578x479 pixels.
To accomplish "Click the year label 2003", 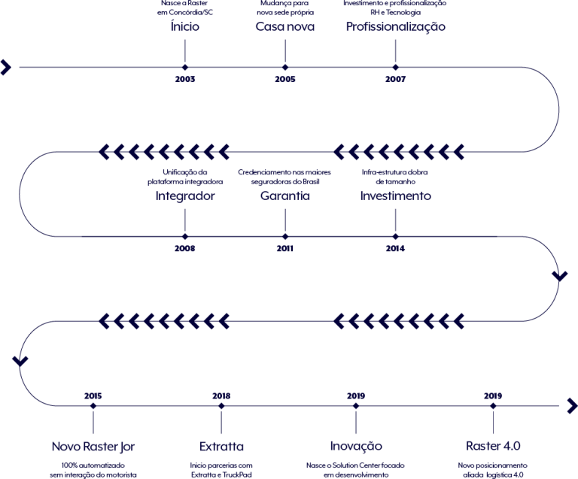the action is [185, 79].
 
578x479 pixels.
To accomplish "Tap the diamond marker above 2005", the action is [285, 67].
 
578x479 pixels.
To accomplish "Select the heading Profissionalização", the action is [396, 27].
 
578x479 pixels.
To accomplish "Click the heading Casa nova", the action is [285, 26].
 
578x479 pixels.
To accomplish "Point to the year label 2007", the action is [396, 79].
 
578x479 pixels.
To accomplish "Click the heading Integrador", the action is [185, 196].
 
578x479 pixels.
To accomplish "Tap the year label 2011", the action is [285, 248].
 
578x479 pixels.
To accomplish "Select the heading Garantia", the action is [285, 196].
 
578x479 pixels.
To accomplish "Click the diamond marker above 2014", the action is [396, 236].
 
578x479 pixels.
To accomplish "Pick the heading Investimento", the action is [396, 196].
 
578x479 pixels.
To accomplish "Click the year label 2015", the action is [93, 396].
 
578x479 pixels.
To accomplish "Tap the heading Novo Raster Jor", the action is [93, 447].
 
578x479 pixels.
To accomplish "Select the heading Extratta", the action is [221, 447].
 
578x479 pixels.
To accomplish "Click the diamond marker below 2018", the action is [221, 406].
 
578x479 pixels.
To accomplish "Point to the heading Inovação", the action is [356, 446].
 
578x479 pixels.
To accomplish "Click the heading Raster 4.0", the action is [493, 446].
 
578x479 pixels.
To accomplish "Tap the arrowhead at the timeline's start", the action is [6, 68].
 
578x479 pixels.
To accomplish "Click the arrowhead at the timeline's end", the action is [572, 406].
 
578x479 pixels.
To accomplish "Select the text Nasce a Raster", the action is [184, 3].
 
